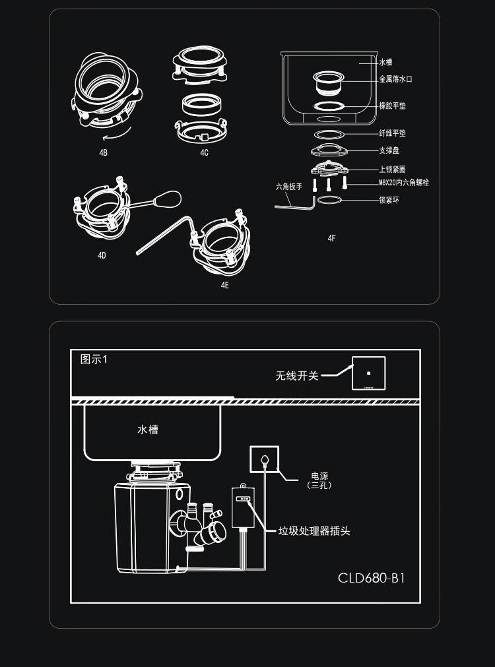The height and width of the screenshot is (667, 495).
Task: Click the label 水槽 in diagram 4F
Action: click(x=385, y=62)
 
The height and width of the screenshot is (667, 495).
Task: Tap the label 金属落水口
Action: click(x=395, y=79)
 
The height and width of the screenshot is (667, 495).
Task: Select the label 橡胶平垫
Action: click(x=392, y=106)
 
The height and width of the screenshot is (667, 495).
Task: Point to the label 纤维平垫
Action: click(x=392, y=134)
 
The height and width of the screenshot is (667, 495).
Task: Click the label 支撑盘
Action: click(x=389, y=151)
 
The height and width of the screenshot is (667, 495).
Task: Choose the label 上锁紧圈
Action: click(x=392, y=170)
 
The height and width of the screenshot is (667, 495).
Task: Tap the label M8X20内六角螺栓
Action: click(x=403, y=183)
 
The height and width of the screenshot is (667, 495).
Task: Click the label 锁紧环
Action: click(x=389, y=200)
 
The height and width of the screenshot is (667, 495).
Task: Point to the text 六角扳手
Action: click(x=288, y=187)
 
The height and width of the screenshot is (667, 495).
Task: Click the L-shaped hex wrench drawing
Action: click(x=294, y=206)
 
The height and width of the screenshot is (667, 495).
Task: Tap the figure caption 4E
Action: click(x=225, y=285)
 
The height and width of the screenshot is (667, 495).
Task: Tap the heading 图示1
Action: click(x=93, y=360)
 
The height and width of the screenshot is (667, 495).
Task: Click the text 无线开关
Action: click(x=296, y=376)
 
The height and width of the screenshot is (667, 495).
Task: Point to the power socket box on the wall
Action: click(x=264, y=459)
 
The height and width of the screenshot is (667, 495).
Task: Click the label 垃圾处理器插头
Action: click(x=313, y=531)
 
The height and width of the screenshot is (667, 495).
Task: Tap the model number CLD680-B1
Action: click(x=371, y=579)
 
